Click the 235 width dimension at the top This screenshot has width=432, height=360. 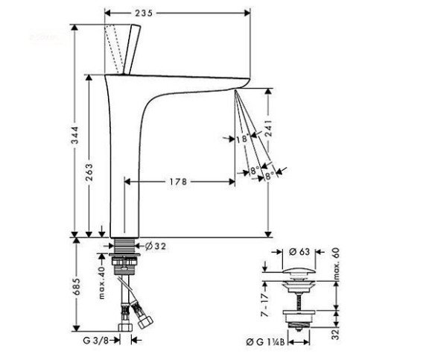coord(144,13)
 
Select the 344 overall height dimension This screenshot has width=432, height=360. coord(74,135)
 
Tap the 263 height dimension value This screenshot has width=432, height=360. coord(89,173)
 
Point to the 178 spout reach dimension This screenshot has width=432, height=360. coord(178,182)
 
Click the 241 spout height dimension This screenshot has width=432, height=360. coord(268,128)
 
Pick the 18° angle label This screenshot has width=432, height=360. coord(243,139)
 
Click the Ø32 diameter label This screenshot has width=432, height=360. coord(156,246)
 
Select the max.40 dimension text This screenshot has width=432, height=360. coord(102,282)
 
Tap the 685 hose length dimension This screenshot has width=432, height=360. coord(77,287)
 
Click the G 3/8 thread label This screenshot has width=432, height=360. coord(95,341)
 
